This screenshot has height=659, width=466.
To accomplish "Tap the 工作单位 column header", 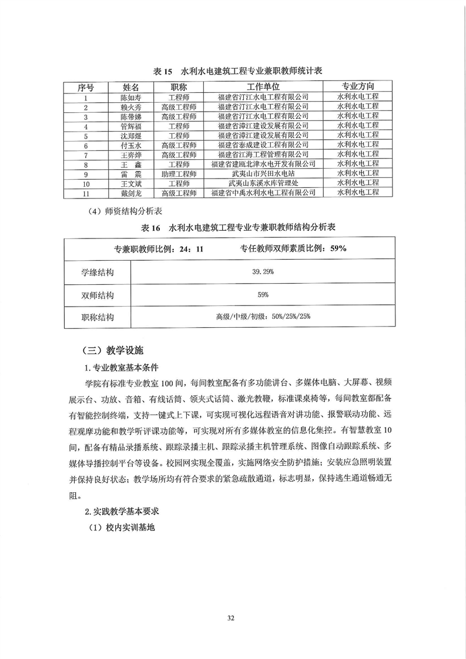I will (263, 87).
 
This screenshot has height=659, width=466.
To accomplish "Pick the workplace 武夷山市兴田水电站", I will (263, 174).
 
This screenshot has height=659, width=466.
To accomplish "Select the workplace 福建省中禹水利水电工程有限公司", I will (263, 193).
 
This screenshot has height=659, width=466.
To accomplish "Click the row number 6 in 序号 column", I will (86, 145).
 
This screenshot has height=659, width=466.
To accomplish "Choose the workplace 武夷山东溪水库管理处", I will (263, 183).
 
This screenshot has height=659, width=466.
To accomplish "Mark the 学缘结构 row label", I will (97, 273).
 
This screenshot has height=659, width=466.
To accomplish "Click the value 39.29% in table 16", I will (263, 273).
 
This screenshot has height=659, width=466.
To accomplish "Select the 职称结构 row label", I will (97, 317).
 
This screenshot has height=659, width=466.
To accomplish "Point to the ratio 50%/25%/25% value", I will (263, 317).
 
